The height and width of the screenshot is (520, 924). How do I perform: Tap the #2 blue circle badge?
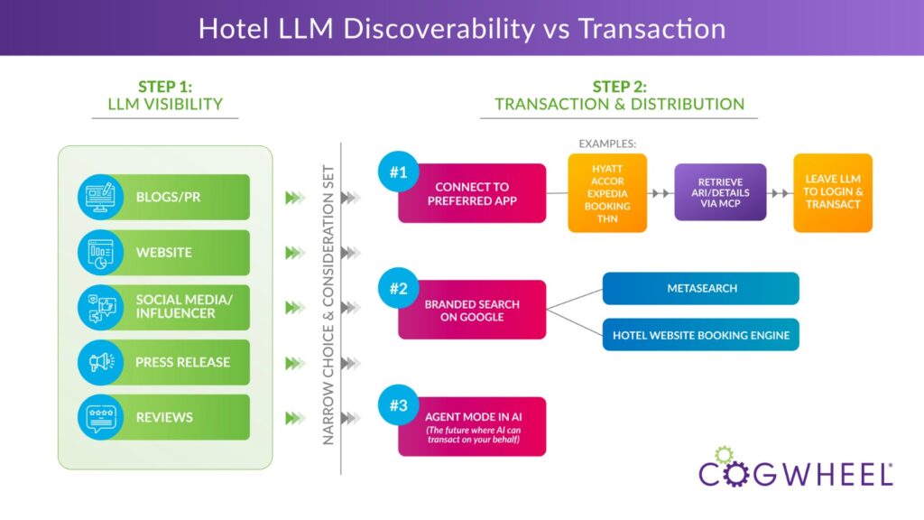pos(398,290)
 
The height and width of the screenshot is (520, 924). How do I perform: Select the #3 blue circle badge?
pos(398,405)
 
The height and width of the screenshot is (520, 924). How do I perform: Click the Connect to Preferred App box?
pos(472,193)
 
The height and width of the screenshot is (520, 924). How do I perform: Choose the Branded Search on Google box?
pos(472,310)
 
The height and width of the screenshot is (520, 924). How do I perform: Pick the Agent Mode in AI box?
pos(472,426)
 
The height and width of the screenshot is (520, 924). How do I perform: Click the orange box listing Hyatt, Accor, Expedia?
pos(607,193)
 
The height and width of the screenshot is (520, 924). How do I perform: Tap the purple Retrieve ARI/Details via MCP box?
pos(720,192)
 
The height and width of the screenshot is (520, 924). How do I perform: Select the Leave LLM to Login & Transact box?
pos(833,193)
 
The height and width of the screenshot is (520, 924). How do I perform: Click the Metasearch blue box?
pos(700,288)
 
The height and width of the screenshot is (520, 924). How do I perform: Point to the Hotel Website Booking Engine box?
pos(700,335)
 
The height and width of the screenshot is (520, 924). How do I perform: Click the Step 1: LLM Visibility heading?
pos(165,96)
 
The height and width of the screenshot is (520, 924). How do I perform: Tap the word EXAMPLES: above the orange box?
pos(606,144)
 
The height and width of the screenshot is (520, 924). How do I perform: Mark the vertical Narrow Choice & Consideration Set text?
pos(329,304)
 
